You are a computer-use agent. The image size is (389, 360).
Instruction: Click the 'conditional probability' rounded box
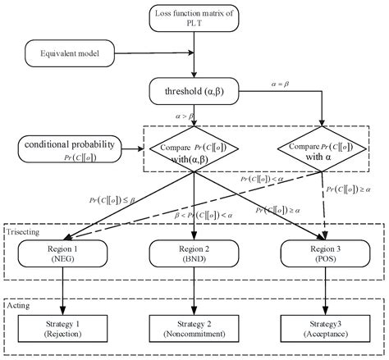(71, 148)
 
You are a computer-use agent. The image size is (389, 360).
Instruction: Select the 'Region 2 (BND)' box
(195, 251)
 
